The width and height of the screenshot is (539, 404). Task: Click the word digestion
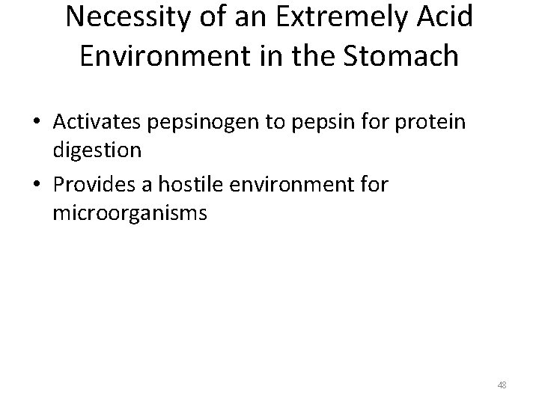point(97,150)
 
